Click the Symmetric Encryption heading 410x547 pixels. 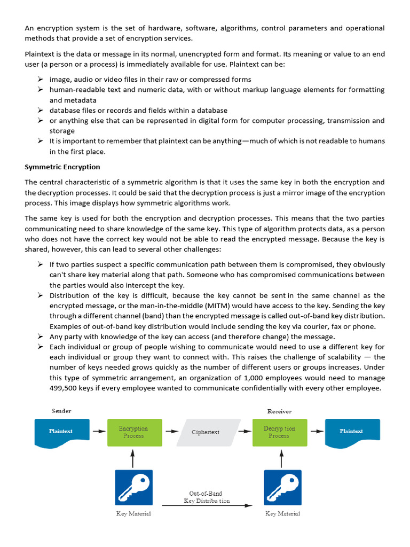tap(62, 167)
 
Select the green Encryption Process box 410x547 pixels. tap(133, 432)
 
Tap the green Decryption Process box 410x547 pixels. tap(279, 432)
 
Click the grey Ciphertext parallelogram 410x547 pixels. tap(206, 432)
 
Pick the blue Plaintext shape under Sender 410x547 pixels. tap(61, 432)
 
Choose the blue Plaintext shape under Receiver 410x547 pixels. tap(352, 432)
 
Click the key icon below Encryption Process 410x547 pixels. tap(133, 488)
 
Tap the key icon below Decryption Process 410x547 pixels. tap(283, 488)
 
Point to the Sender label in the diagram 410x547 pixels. tap(61, 411)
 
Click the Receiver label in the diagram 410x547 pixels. tap(279, 411)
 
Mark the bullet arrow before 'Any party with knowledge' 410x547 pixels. tap(40, 337)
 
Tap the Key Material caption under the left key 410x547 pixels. tap(133, 514)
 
